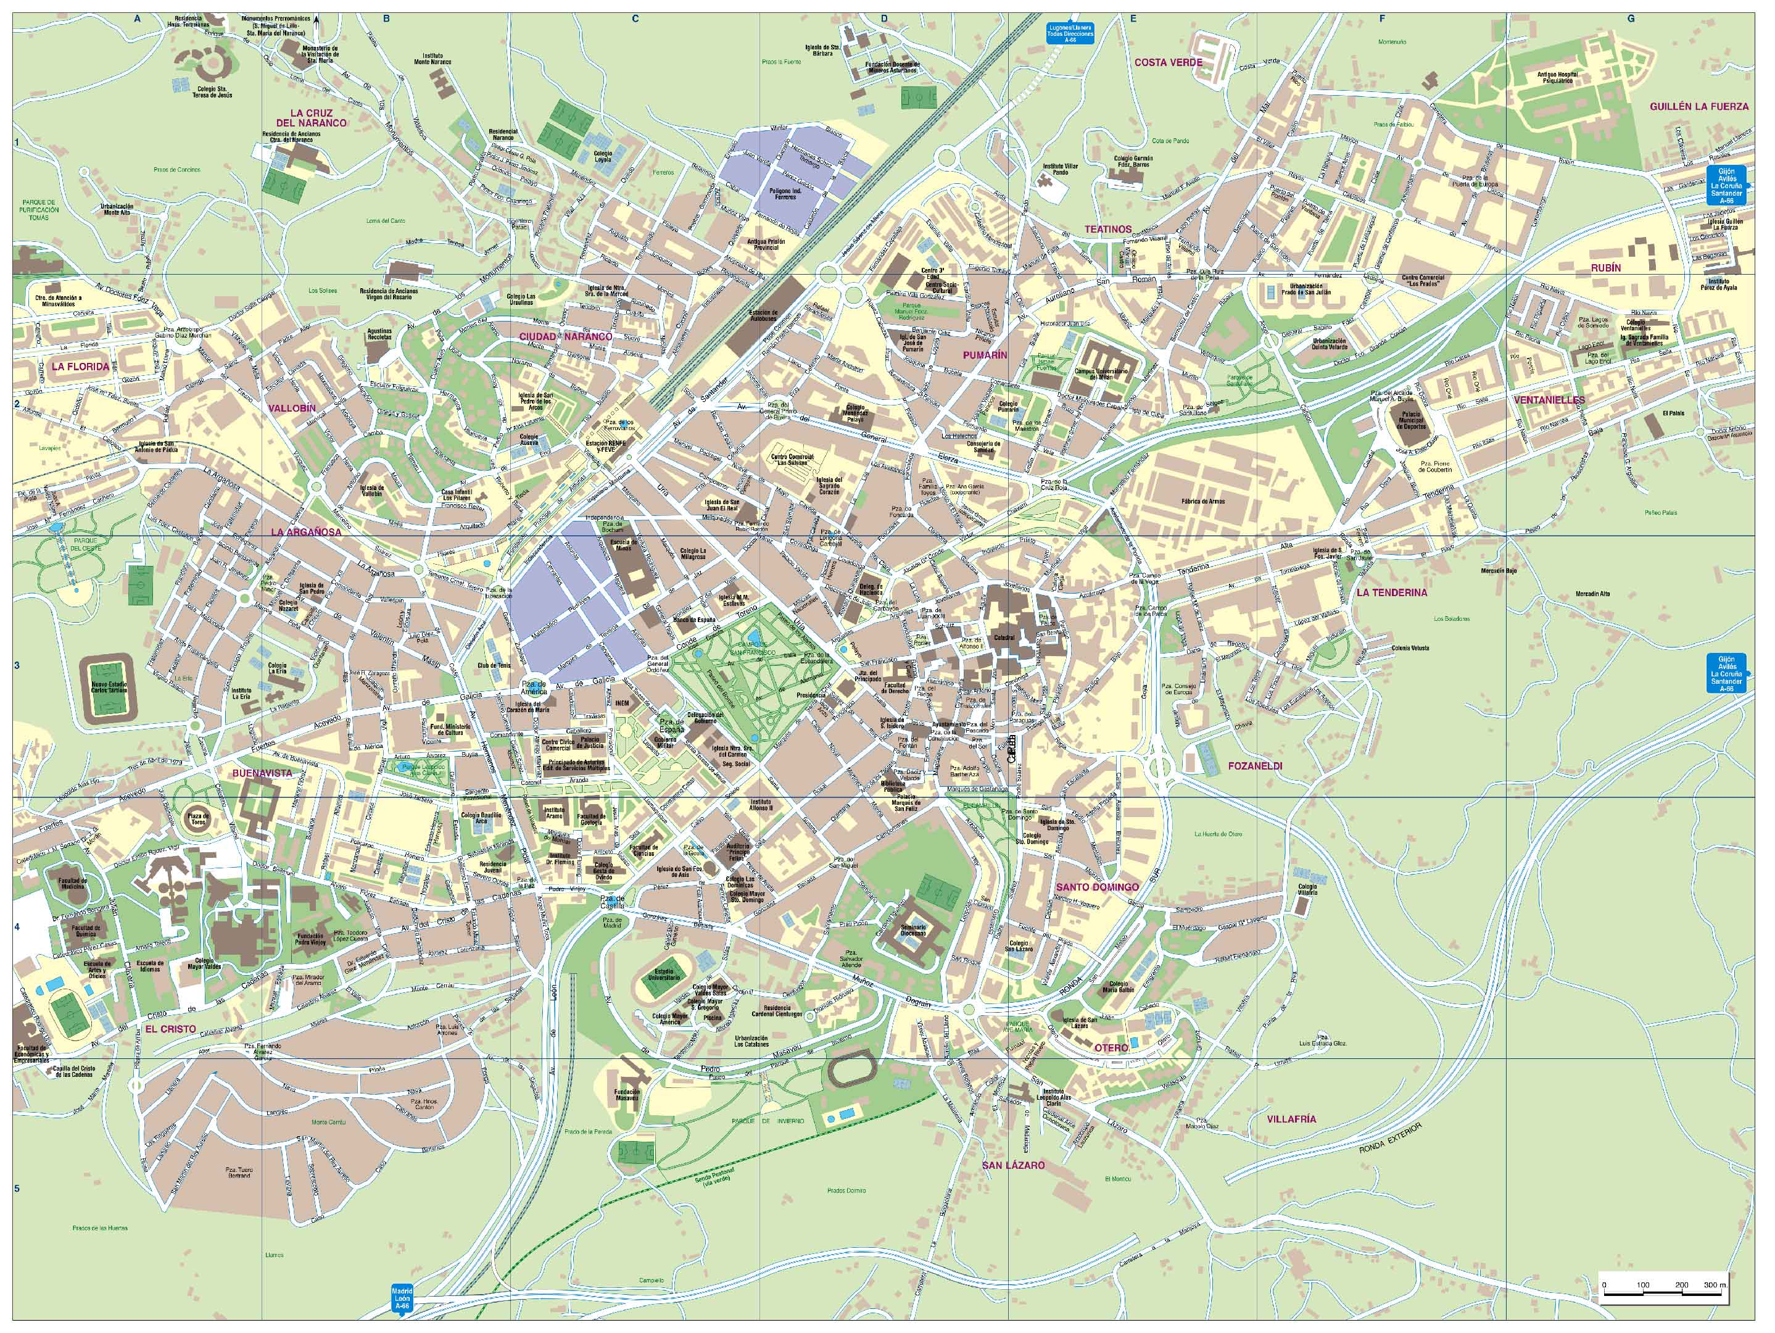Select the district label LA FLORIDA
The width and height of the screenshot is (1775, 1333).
80,367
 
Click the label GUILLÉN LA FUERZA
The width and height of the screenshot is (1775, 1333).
1698,107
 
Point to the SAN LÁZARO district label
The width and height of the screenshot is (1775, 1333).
1014,1165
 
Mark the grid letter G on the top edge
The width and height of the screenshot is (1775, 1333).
1631,19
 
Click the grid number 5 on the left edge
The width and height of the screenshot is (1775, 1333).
16,1189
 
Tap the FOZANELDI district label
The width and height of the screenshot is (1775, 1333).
1254,766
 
